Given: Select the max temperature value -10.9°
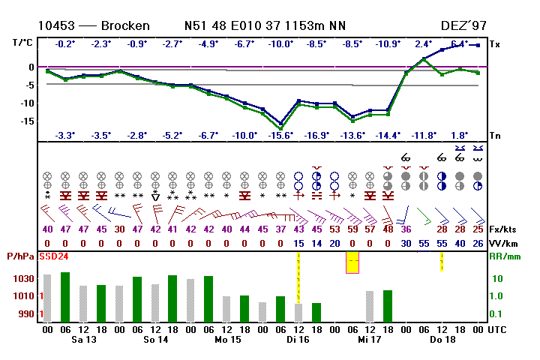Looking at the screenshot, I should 388,43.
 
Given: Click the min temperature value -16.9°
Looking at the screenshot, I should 317,136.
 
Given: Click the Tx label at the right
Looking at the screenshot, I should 495,44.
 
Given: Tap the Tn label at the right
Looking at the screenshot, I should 495,136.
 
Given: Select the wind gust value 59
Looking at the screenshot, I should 352,229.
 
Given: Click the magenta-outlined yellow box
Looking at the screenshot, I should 352,262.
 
